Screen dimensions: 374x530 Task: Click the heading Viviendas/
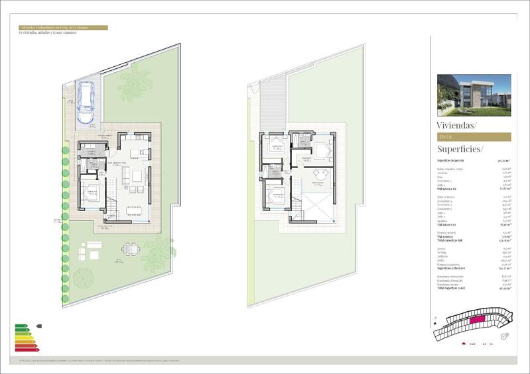[x=456, y=124]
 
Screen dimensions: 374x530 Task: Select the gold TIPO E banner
[x=474, y=137]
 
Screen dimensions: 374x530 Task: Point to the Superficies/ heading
[x=460, y=149]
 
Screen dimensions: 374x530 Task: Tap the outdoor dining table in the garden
[x=130, y=249]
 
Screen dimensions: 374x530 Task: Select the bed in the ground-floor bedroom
[x=91, y=194]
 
